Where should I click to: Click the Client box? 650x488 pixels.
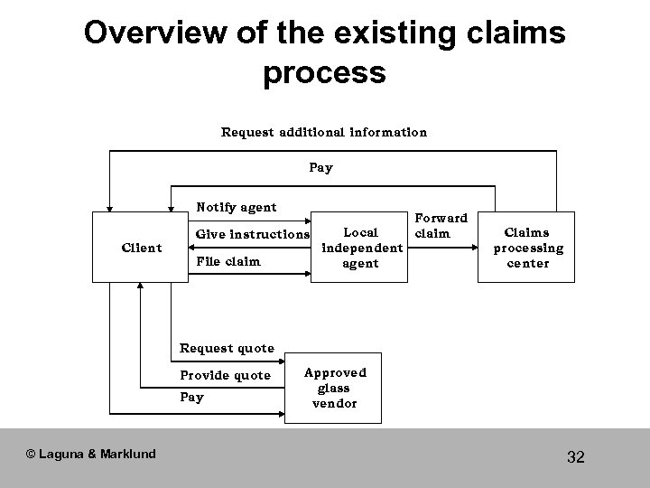tap(142, 248)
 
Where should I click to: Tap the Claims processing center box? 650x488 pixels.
tap(528, 248)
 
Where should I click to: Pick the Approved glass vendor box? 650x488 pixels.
tap(335, 388)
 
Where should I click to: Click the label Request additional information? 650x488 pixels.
tap(324, 132)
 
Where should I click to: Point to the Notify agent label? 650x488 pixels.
tap(237, 208)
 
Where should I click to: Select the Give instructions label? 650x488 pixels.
tap(253, 234)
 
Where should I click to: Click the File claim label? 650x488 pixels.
tap(227, 262)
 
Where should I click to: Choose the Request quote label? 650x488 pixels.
tap(227, 348)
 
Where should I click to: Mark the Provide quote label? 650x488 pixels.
tap(225, 375)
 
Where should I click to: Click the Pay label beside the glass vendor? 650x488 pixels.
tap(192, 398)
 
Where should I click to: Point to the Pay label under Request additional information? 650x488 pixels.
tap(321, 167)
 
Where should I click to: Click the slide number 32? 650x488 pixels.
tap(576, 457)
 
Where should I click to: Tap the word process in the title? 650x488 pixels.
tap(324, 73)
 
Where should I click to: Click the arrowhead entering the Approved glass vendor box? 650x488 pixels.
tap(279, 415)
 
